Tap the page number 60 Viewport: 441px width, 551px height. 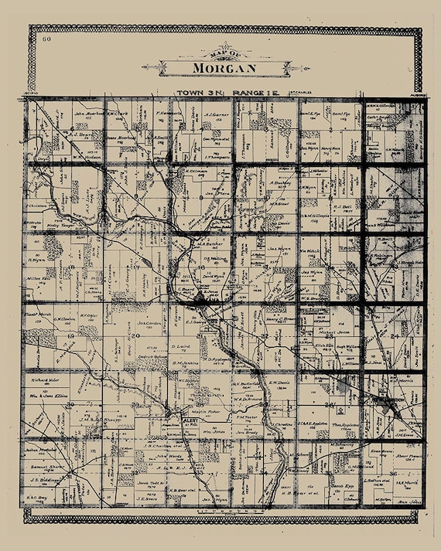[47, 38]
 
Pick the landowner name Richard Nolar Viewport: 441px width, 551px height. [45, 379]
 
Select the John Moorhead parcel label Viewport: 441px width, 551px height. [89, 112]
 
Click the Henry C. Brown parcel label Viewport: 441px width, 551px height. [282, 318]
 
